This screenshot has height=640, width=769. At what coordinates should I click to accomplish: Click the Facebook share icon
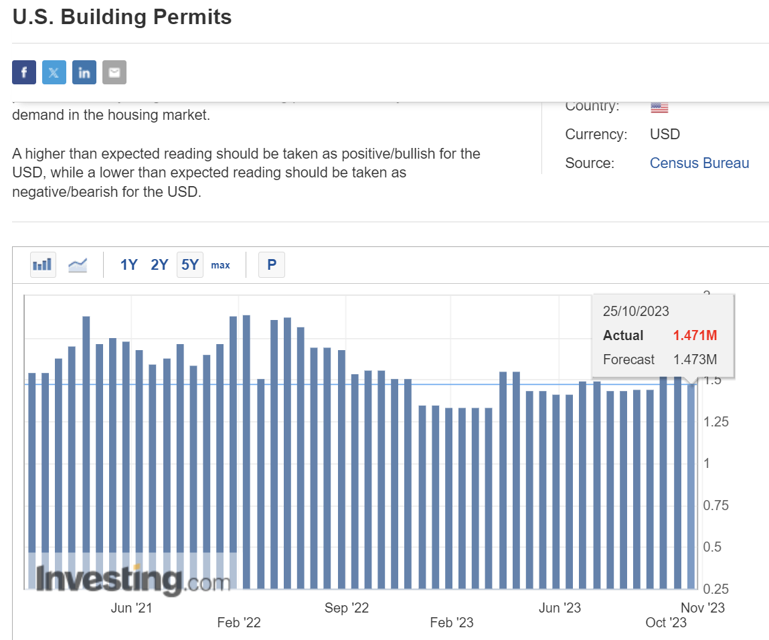pos(24,72)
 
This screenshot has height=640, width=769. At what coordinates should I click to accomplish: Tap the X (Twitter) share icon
pos(54,72)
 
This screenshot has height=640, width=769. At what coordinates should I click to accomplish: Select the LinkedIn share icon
pos(84,72)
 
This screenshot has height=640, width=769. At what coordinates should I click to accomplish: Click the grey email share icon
pos(114,72)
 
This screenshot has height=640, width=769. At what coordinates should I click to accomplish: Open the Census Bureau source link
pos(699,163)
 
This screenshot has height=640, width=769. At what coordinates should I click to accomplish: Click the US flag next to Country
pos(659,107)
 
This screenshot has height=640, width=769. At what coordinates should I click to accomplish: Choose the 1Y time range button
pos(129,265)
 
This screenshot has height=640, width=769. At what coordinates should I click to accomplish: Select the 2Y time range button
pos(159,265)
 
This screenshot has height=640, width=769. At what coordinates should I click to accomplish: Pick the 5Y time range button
pos(190,265)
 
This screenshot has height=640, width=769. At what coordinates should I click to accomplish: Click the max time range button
pos(220,265)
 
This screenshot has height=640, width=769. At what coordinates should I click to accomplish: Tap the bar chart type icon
pos(43,265)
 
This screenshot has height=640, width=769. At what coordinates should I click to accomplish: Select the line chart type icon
pos(78,265)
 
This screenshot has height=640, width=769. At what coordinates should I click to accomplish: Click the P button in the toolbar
pos(272,265)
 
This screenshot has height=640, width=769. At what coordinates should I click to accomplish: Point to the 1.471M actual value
pos(695,335)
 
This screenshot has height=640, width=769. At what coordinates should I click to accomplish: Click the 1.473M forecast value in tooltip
pos(695,359)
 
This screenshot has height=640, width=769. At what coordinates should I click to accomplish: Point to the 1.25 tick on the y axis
pos(715,422)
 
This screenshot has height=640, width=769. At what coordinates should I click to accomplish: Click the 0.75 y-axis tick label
pos(715,505)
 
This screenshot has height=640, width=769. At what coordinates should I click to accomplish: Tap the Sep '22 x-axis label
pos(347,608)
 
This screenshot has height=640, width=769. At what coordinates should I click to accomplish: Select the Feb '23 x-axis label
pos(452,623)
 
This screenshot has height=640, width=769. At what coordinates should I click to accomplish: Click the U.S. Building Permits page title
pos(122,17)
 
